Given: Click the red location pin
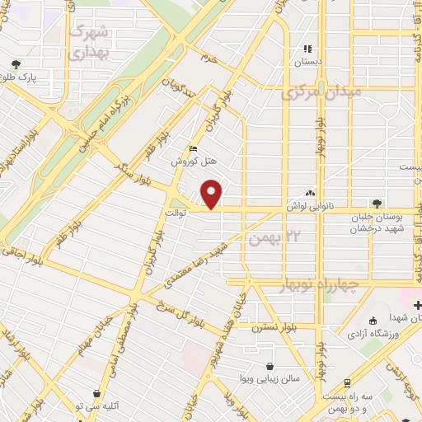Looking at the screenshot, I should click(213, 195).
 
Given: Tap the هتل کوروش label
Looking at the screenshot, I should click(187, 162).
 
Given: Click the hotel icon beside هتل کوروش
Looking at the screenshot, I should click(194, 149).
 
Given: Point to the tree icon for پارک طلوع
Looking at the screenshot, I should click(15, 64).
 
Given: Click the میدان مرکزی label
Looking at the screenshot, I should click(321, 93).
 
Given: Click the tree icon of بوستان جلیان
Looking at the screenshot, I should click(376, 202).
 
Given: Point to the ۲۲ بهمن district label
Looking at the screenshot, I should click(270, 238).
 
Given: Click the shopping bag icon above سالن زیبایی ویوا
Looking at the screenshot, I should click(270, 368).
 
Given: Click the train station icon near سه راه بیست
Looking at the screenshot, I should click(347, 382).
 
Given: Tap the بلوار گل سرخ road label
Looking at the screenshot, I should click(176, 307).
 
